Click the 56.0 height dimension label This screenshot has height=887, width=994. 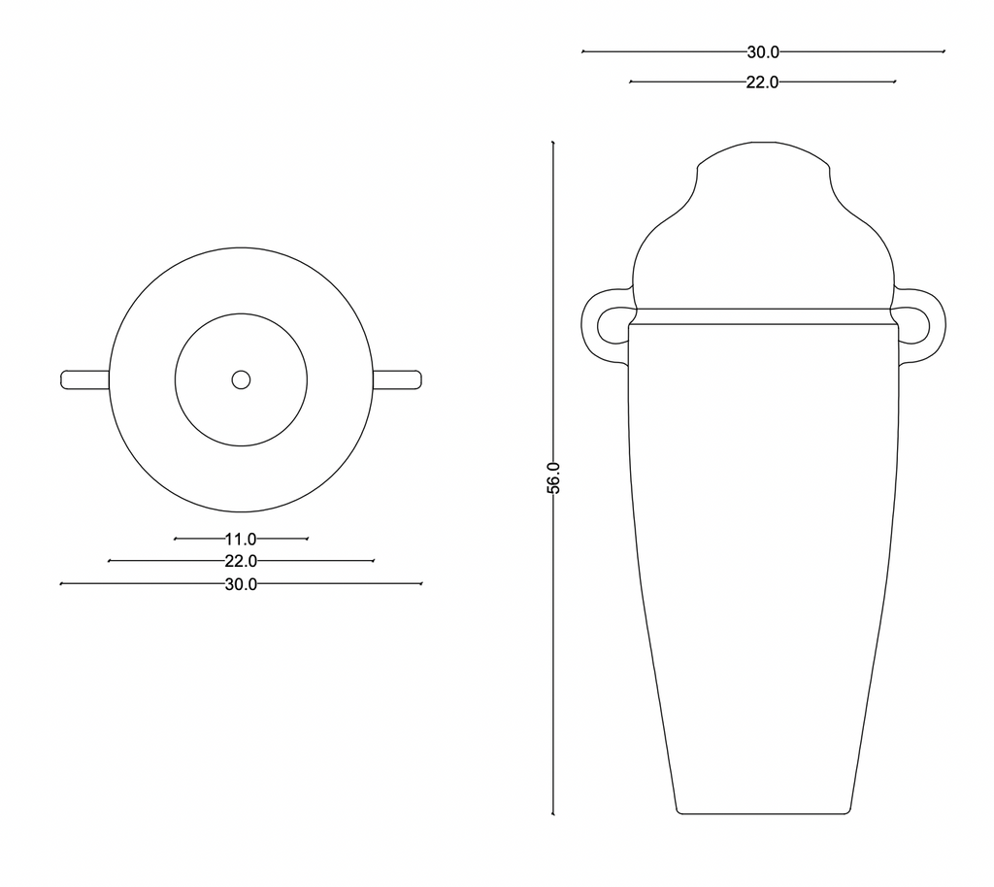(553, 477)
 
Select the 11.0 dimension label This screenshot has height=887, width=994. (241, 540)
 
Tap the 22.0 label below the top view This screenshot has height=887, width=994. (241, 561)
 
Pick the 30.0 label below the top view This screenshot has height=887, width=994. (241, 584)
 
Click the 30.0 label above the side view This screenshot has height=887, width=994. (763, 52)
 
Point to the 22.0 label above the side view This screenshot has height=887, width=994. (762, 82)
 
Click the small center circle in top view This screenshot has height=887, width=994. (241, 380)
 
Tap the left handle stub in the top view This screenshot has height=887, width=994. (85, 380)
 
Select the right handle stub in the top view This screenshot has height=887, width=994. (397, 380)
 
